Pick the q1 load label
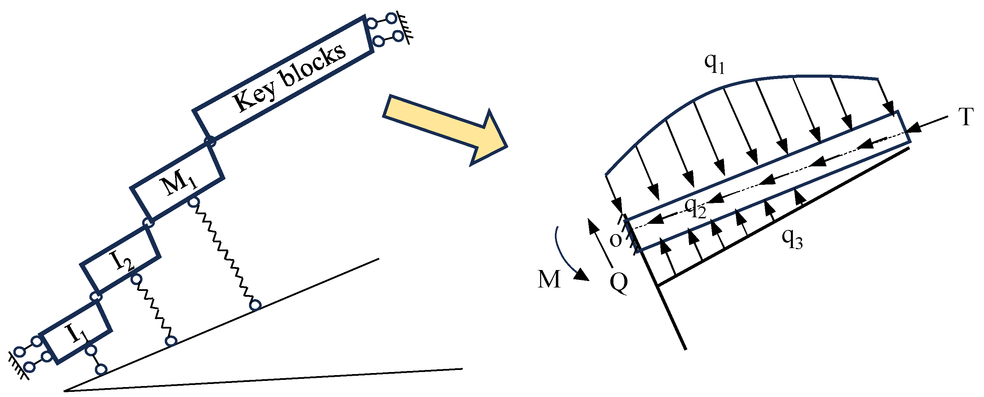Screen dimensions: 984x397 tap(714, 64)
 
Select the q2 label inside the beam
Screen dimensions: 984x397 tap(695, 208)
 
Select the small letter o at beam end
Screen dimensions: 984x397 tap(615, 241)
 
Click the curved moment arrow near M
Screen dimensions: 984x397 tap(569, 256)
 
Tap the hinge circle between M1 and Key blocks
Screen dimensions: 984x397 tap(210, 142)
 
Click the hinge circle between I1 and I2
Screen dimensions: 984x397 tap(96, 296)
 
